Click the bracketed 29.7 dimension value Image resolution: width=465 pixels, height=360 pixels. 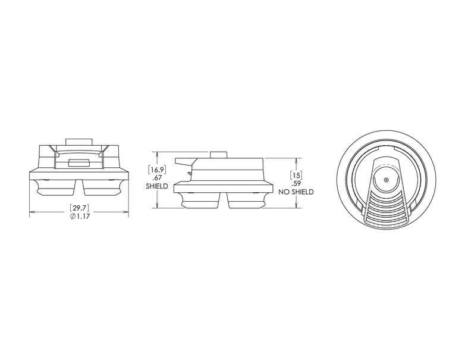point(79,208)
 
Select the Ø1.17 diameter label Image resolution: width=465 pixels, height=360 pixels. point(80,217)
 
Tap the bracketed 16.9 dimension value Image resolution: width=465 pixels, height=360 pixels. point(157,170)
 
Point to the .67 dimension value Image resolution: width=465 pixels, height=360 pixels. point(156,179)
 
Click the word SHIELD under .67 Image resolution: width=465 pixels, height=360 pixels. point(157,186)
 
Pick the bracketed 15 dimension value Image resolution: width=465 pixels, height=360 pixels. point(296,175)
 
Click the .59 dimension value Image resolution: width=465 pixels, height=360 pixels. point(296,184)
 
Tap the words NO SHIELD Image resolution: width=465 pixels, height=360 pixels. point(296,192)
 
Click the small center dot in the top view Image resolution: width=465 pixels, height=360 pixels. point(386,180)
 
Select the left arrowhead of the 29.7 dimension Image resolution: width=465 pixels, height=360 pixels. point(32,212)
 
